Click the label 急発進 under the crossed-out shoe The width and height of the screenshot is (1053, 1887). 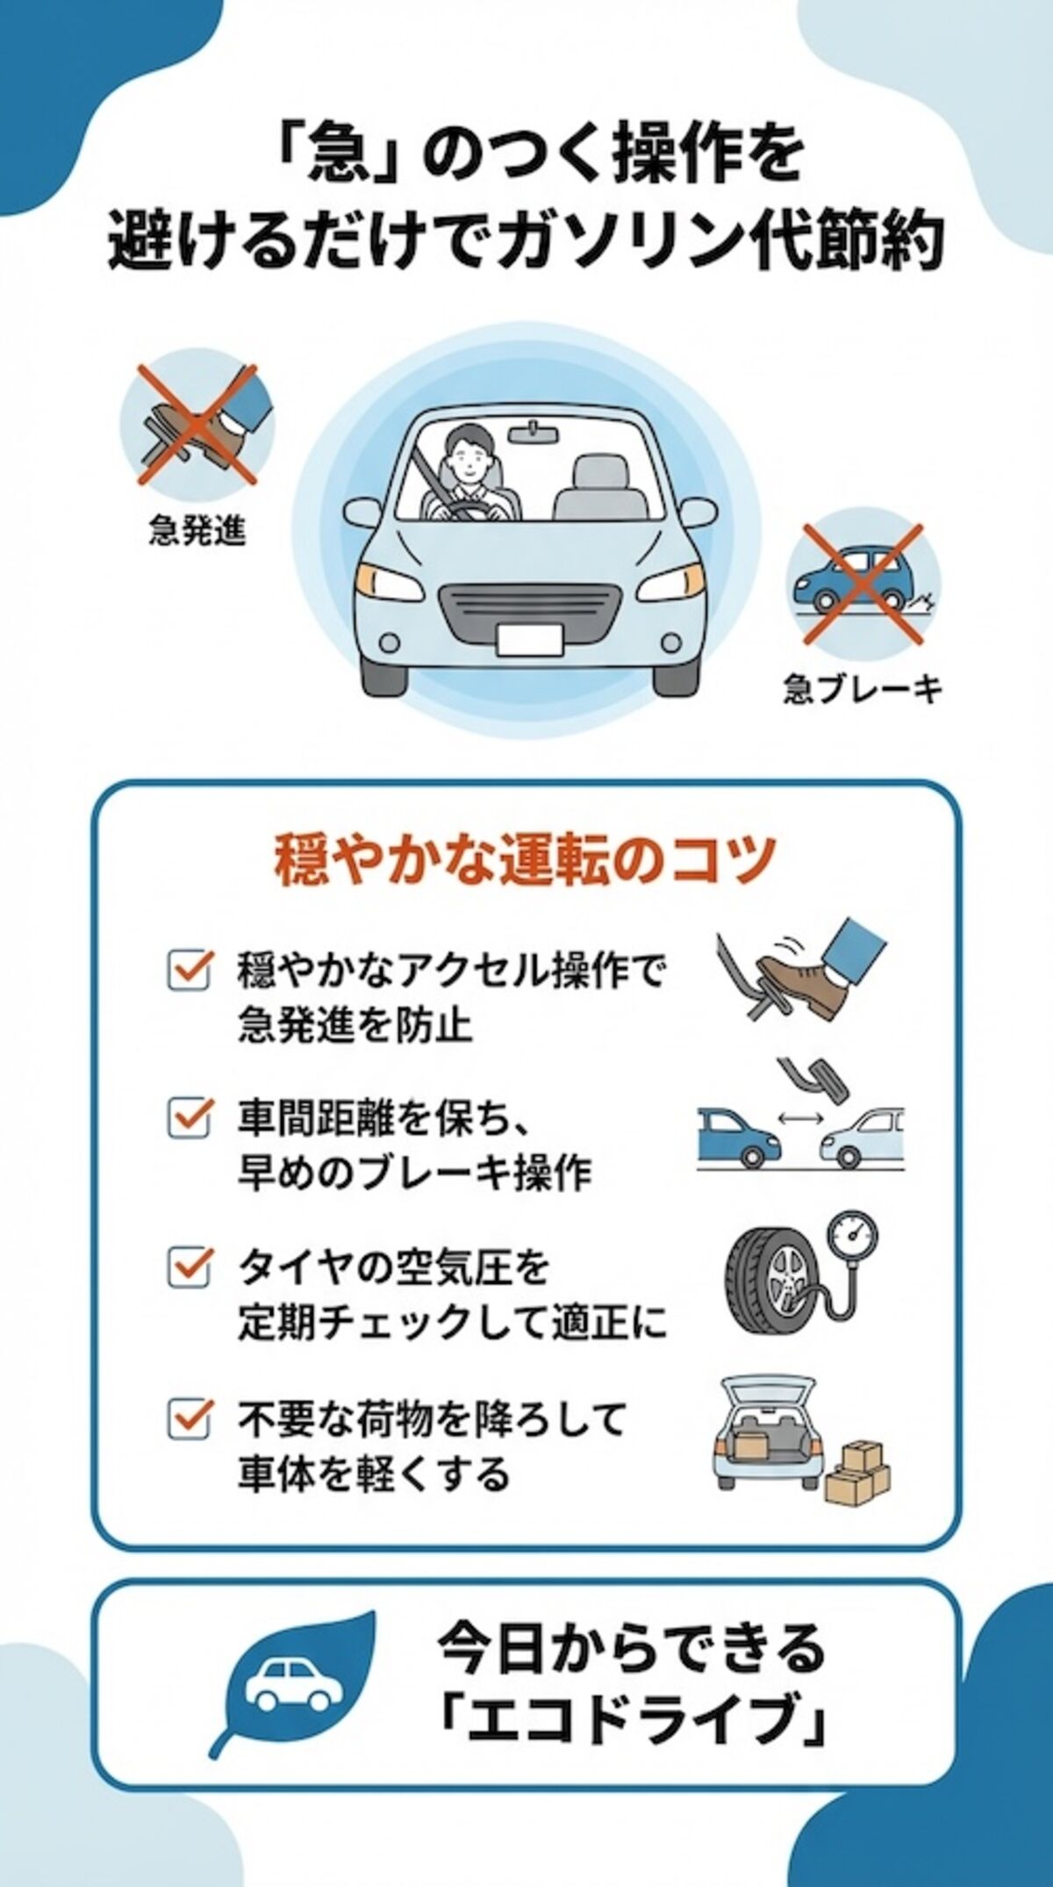point(197,531)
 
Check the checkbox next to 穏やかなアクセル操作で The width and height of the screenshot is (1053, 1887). point(189,970)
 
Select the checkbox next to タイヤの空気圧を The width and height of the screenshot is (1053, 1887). point(189,1266)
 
